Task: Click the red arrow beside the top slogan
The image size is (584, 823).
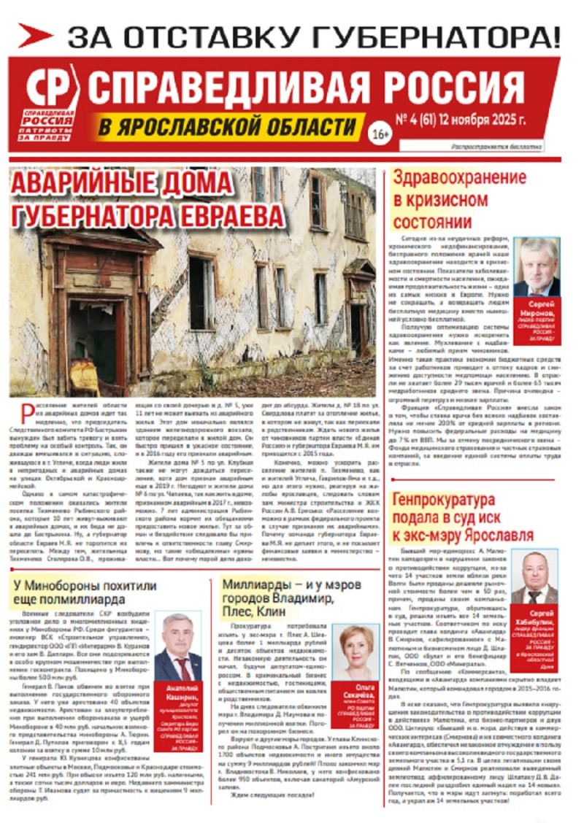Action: (x=35, y=35)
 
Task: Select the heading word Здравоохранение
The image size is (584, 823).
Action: (x=459, y=177)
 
